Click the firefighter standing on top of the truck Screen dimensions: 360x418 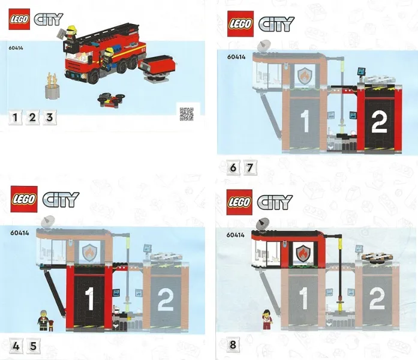(71, 37)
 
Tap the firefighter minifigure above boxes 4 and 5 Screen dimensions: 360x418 (43, 320)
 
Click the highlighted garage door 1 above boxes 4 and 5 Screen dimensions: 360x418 (89, 299)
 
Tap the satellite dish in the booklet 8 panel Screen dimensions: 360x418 (263, 224)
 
